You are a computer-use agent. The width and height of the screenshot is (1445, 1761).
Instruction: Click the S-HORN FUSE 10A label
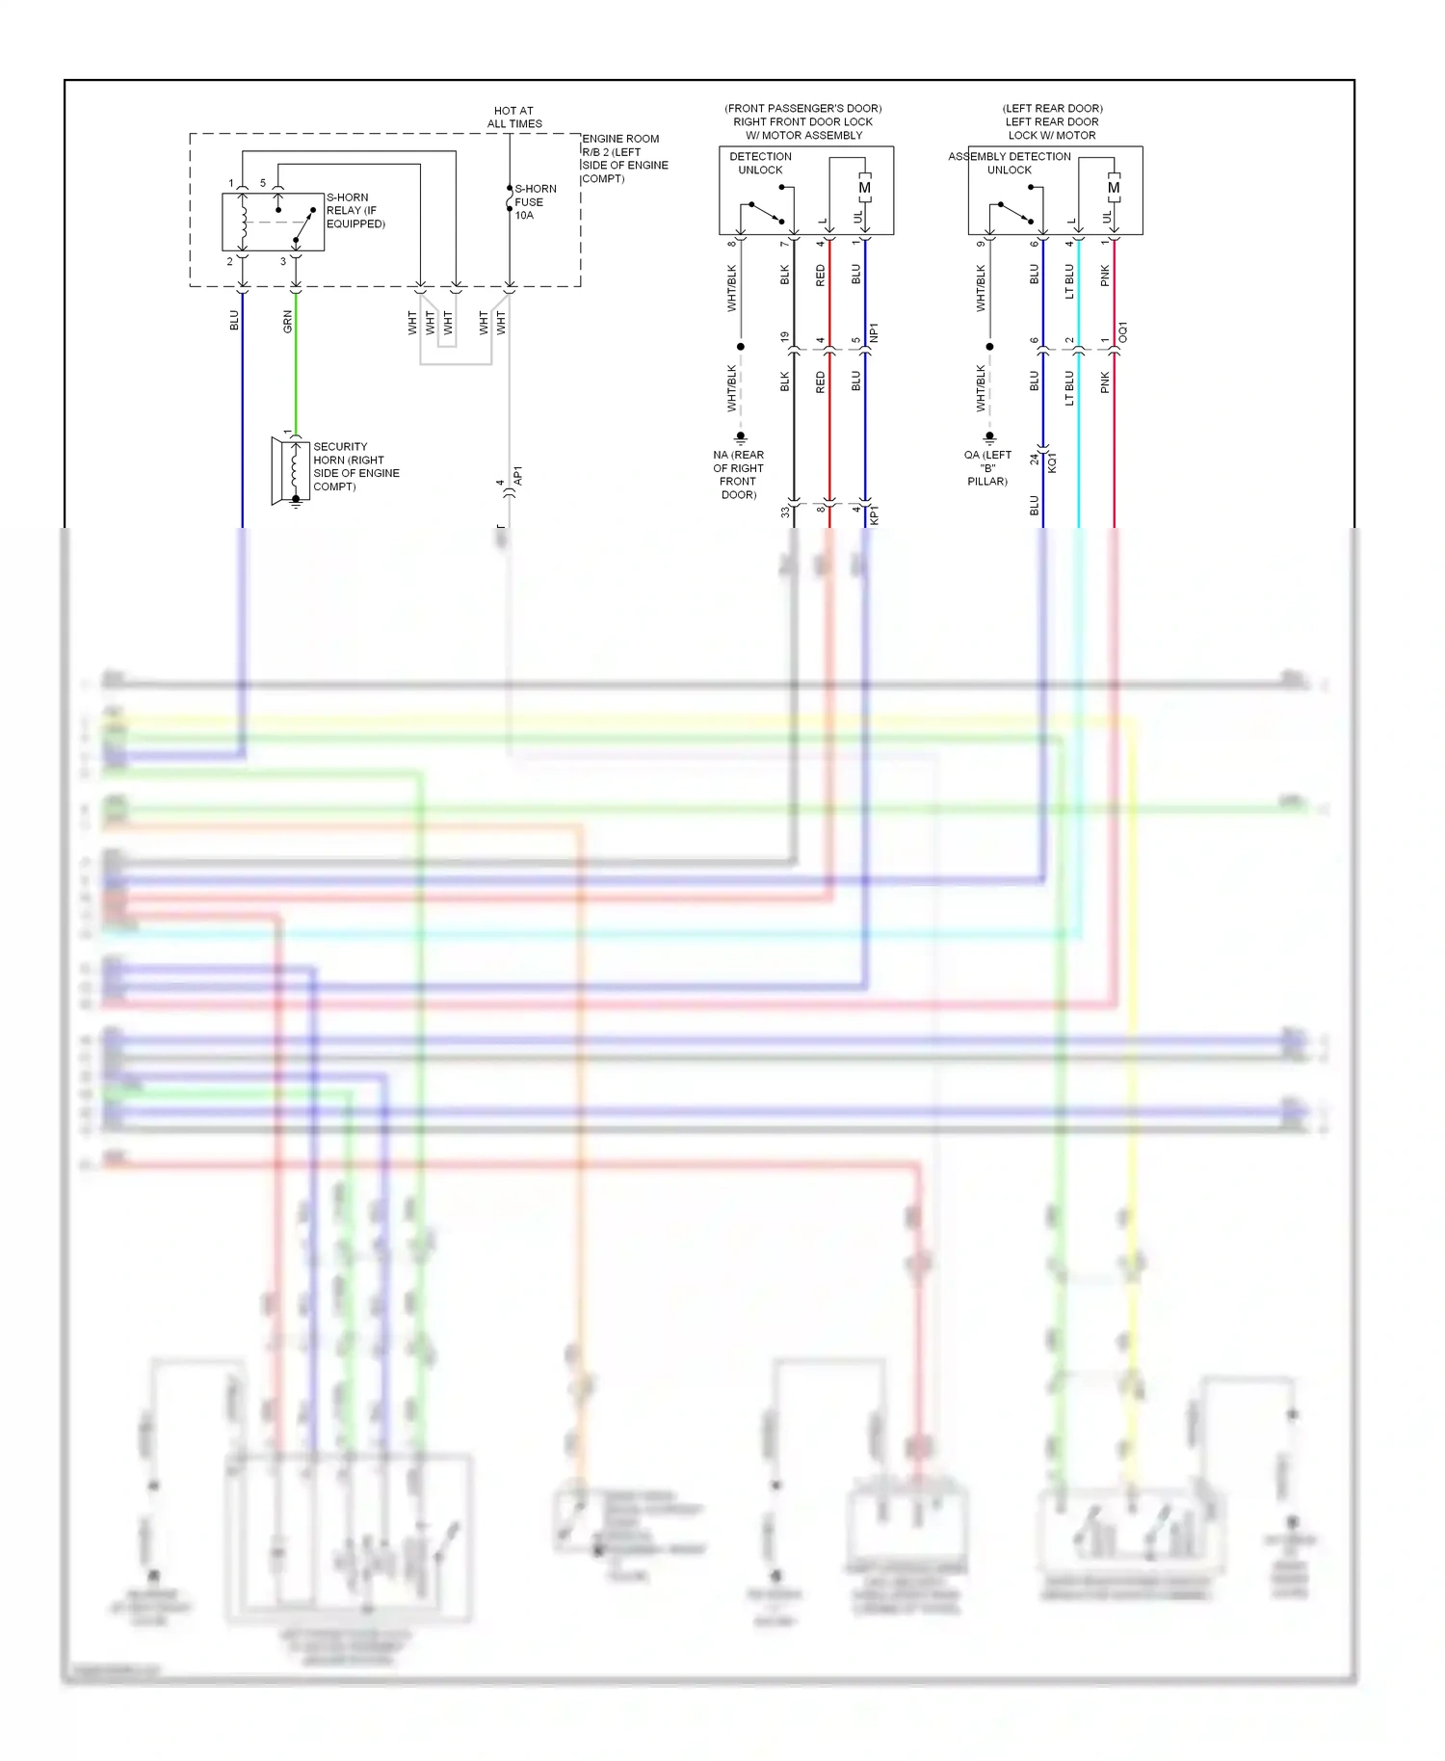tap(535, 202)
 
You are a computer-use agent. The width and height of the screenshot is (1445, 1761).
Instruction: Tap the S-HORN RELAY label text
tap(355, 210)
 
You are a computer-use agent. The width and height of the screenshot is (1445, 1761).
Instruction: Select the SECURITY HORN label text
tap(355, 466)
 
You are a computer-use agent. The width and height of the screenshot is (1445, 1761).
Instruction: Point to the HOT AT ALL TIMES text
tap(514, 118)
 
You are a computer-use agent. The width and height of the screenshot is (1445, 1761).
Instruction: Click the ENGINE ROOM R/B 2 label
tap(623, 158)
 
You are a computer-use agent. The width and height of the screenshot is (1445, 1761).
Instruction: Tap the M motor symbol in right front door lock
tap(864, 189)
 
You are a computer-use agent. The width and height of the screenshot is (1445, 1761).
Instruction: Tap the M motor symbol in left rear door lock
tap(1114, 189)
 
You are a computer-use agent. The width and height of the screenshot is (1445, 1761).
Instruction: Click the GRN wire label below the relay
tap(287, 322)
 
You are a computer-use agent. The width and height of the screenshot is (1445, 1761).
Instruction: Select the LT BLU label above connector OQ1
tap(1069, 281)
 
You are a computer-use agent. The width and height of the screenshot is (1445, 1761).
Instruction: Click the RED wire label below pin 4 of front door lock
tap(821, 276)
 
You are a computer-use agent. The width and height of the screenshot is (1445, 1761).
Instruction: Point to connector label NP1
tap(874, 333)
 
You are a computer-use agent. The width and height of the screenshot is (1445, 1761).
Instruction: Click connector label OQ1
tap(1123, 333)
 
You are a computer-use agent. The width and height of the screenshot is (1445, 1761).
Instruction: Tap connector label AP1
tap(517, 476)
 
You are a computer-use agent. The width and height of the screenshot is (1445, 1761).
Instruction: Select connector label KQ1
tap(1052, 462)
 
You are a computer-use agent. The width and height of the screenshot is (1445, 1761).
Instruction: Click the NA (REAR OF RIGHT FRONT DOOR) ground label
tap(738, 475)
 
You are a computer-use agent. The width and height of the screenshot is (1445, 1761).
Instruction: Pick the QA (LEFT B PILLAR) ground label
tap(987, 468)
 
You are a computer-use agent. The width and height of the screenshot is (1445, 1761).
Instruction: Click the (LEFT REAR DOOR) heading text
tap(1052, 108)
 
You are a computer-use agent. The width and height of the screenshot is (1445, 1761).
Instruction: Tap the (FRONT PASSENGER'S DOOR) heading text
tap(802, 108)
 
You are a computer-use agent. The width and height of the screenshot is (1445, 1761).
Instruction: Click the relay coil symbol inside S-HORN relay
tap(244, 223)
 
